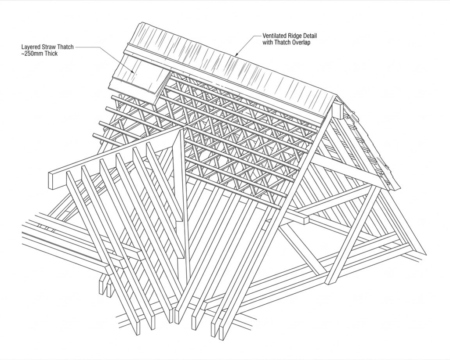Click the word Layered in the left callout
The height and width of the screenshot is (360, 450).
(31, 46)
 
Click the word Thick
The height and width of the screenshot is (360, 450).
(51, 53)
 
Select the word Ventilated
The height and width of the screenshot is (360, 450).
(276, 36)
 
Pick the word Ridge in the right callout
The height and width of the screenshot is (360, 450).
(298, 36)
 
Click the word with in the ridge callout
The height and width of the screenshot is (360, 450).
(268, 43)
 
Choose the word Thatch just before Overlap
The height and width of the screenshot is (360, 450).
(283, 43)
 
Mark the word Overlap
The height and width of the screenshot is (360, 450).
(302, 43)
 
